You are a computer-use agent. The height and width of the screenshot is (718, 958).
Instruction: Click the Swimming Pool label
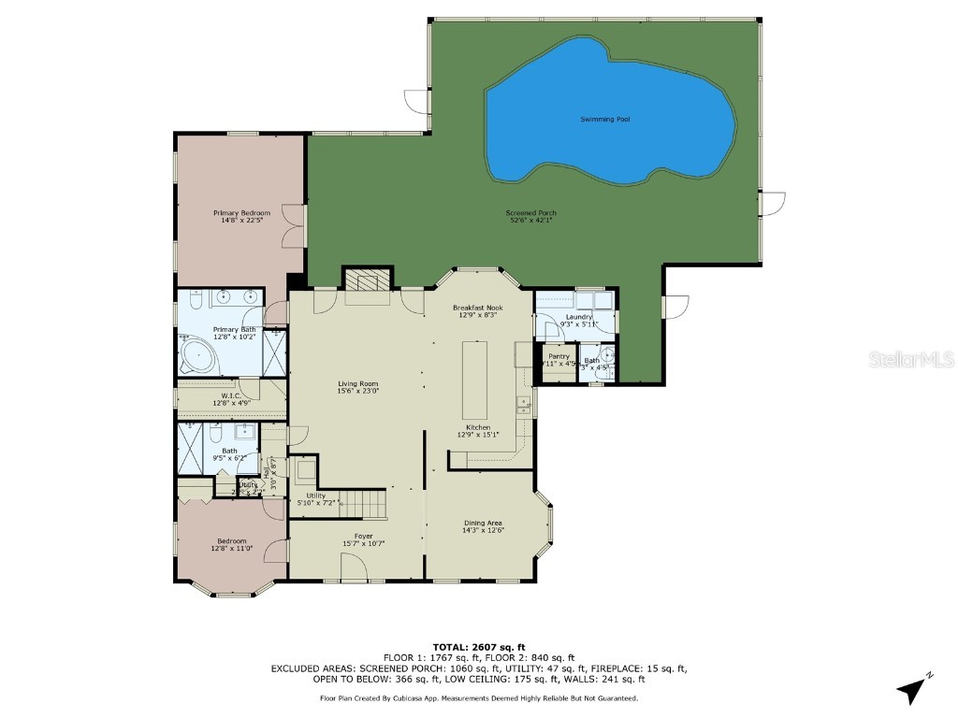(604, 120)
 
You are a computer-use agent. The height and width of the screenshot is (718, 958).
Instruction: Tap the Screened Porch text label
(532, 217)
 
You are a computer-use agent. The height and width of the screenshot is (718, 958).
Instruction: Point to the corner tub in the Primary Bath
(197, 357)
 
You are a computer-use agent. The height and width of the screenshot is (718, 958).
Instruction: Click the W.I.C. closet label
(233, 399)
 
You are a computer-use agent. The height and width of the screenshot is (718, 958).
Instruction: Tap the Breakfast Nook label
(477, 311)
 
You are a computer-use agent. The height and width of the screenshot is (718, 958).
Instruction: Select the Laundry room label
(579, 321)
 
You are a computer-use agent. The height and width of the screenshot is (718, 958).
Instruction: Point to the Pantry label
(559, 360)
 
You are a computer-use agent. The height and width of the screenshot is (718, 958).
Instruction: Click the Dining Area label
(484, 526)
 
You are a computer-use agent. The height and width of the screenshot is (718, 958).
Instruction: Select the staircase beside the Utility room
(361, 503)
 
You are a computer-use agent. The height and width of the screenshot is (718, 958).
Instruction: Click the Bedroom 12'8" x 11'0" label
(232, 545)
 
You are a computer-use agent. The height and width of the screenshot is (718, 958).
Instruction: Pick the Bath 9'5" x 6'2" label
(229, 454)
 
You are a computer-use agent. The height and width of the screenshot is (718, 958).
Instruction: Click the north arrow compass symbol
(912, 690)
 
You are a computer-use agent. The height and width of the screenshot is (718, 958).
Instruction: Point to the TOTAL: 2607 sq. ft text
(479, 647)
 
